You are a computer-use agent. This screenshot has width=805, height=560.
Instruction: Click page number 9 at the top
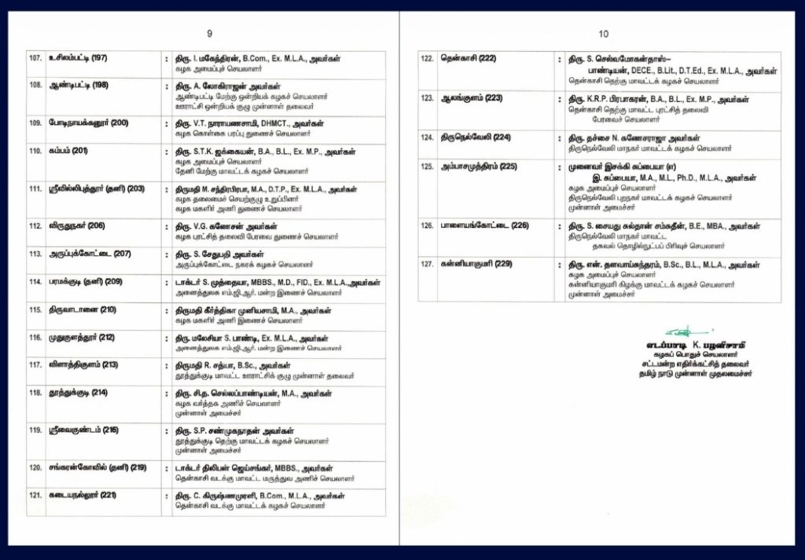(209, 34)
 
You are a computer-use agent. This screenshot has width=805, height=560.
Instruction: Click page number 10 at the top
(603, 34)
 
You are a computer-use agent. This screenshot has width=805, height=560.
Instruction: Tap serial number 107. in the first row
(35, 58)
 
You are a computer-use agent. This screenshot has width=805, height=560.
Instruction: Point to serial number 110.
(35, 150)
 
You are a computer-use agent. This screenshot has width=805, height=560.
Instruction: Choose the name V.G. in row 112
(194, 225)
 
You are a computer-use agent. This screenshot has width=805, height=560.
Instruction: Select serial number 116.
(35, 337)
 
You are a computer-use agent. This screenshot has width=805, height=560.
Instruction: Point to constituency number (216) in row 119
(110, 430)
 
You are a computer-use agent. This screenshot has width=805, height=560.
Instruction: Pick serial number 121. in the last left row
(35, 495)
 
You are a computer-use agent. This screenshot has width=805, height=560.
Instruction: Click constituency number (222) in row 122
(487, 59)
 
